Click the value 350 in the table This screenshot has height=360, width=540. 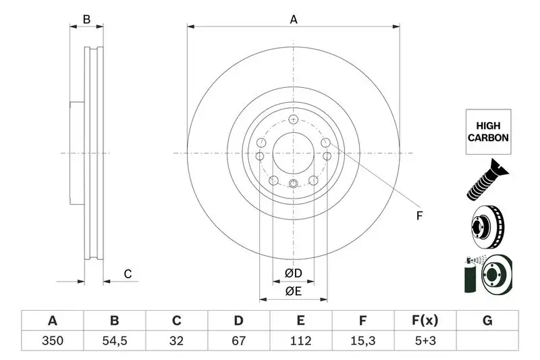pyautogui.click(x=52, y=341)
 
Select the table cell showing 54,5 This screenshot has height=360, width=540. pyautogui.click(x=114, y=341)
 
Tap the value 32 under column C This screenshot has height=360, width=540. pyautogui.click(x=176, y=341)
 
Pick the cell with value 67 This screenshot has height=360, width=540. pyautogui.click(x=238, y=341)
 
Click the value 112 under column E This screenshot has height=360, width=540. pyautogui.click(x=300, y=341)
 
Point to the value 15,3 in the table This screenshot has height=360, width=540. pyautogui.click(x=362, y=341)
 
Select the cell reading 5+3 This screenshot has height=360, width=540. pyautogui.click(x=425, y=341)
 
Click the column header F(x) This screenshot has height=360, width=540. pyautogui.click(x=425, y=320)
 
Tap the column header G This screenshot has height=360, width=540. pyautogui.click(x=487, y=320)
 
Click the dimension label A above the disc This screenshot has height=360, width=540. pyautogui.click(x=294, y=20)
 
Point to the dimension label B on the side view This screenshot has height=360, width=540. pyautogui.click(x=86, y=20)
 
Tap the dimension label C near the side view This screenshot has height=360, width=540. pyautogui.click(x=127, y=274)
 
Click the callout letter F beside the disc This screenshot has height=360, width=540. pyautogui.click(x=418, y=216)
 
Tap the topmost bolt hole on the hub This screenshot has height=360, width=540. pyautogui.click(x=293, y=120)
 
